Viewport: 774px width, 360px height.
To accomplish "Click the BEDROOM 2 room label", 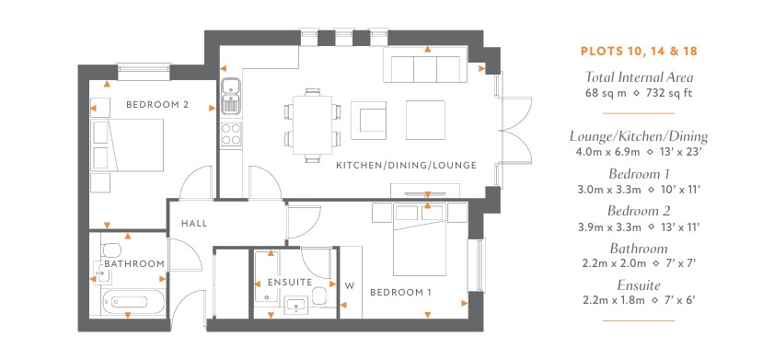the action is (x=157, y=105).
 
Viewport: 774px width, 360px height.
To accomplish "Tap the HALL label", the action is (x=194, y=223).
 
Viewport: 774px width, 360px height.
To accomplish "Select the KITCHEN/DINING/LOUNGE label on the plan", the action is (x=406, y=166).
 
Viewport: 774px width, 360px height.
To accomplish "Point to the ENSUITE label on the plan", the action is (x=290, y=283).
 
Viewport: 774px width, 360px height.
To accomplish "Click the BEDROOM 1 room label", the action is (x=400, y=293).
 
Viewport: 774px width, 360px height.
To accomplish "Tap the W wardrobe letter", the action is (x=350, y=285).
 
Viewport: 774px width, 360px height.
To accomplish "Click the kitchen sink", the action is (x=230, y=96).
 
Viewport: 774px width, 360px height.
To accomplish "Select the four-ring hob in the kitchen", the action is (x=231, y=134).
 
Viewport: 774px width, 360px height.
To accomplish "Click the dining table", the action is (x=313, y=125).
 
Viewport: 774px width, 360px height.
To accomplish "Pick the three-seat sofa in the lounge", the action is (x=425, y=64).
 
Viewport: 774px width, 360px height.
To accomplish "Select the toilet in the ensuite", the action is (x=319, y=296).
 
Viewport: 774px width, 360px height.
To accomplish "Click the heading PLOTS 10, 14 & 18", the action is (x=639, y=52).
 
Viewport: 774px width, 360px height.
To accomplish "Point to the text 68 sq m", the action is (x=607, y=93).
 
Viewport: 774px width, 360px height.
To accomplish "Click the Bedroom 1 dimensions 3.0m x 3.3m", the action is (x=609, y=189).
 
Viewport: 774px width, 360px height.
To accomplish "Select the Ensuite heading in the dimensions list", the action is (x=639, y=285).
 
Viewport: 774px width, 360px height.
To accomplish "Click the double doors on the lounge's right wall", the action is (x=515, y=130).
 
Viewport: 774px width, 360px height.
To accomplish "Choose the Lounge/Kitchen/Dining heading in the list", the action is (x=639, y=136).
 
